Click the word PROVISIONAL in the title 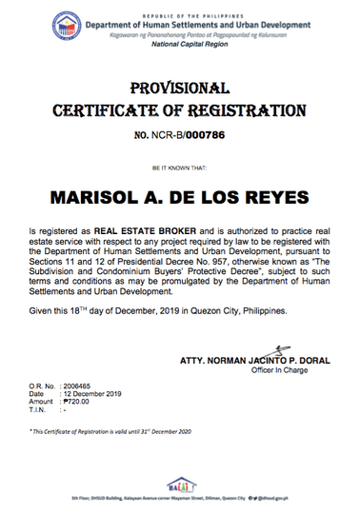pos(179,88)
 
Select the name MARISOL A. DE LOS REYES pos(180,198)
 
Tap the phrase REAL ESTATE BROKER pos(147,230)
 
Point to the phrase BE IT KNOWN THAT pos(180,168)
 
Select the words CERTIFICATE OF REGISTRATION pos(180,110)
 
